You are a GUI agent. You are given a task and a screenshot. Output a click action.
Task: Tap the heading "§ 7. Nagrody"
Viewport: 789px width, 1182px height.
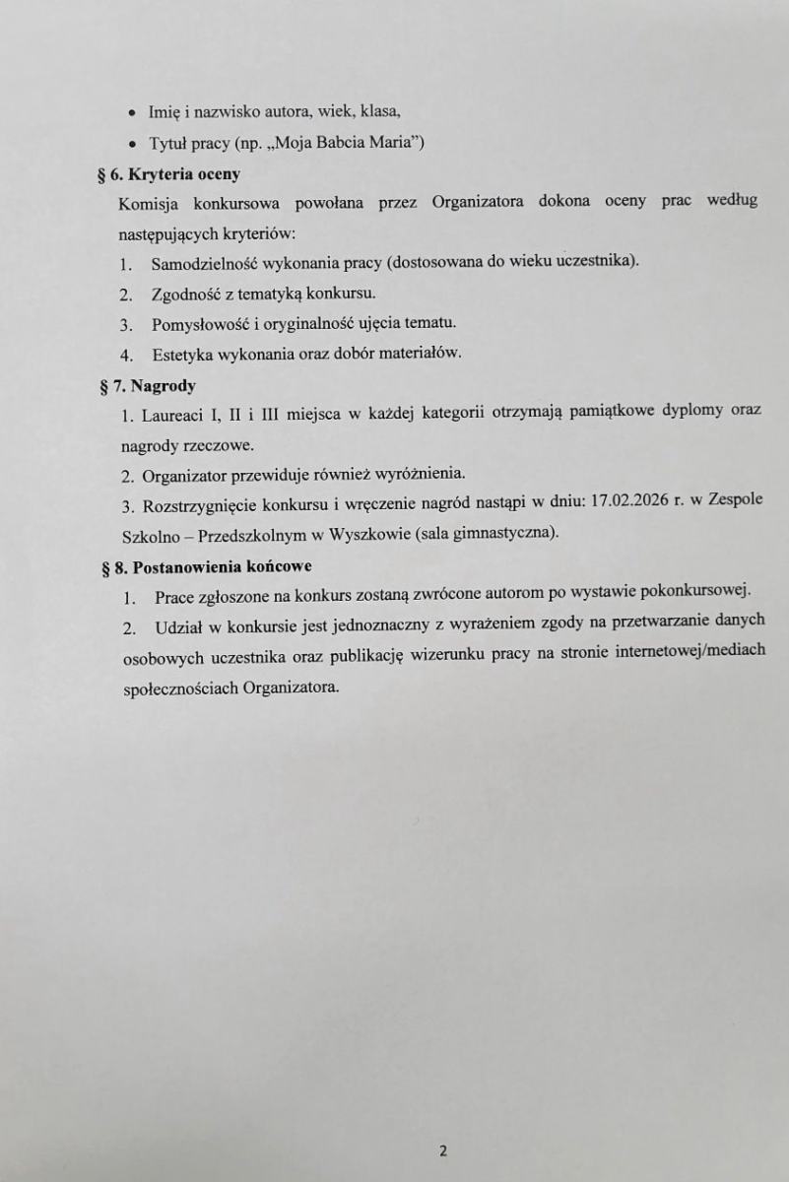coord(148,386)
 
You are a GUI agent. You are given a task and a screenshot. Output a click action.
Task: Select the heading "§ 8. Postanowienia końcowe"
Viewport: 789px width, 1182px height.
coord(207,567)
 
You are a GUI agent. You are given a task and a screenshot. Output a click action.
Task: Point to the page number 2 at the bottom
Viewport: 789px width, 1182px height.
coord(443,1150)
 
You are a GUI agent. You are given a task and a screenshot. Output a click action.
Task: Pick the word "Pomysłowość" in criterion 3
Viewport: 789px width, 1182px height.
coord(194,323)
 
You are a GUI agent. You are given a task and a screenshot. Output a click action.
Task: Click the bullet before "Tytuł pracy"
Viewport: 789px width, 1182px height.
coord(131,145)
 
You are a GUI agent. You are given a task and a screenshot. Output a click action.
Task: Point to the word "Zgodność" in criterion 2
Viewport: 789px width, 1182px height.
coord(182,294)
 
